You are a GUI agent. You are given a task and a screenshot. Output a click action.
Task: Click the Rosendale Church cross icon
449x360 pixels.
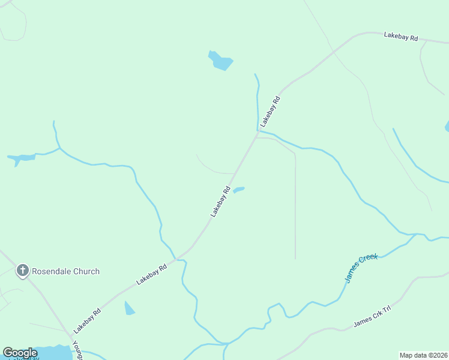point(23,271)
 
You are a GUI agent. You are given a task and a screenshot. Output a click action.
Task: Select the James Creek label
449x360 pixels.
point(361,268)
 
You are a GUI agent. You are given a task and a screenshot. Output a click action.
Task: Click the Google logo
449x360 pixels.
point(20,353)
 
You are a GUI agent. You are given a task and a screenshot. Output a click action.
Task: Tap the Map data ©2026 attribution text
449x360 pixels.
point(423,355)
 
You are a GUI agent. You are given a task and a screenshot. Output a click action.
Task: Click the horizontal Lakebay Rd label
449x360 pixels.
point(400,37)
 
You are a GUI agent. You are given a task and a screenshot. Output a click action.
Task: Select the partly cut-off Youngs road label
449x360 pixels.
point(77,350)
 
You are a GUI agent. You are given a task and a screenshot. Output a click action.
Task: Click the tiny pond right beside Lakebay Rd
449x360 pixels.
point(238,190)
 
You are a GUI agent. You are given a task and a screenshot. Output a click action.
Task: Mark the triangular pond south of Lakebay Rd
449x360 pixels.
point(129,308)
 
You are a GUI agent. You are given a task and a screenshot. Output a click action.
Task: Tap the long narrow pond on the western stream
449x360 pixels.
point(21,158)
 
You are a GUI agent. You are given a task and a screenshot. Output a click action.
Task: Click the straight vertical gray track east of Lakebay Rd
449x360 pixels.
point(295,210)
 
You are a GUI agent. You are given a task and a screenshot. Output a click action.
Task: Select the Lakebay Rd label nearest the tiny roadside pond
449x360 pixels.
point(220,202)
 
